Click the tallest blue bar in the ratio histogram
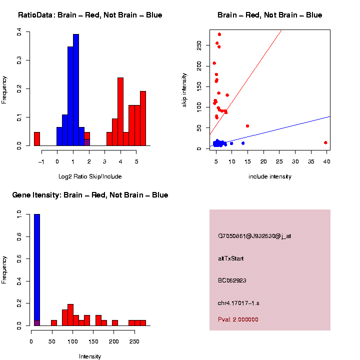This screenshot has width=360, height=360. (76, 90)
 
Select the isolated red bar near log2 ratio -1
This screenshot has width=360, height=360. (36, 139)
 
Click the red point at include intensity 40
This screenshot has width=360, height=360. (325, 142)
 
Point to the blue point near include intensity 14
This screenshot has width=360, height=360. (243, 143)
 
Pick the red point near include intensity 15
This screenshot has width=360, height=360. (247, 126)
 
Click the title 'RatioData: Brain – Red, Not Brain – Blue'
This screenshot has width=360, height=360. (90, 15)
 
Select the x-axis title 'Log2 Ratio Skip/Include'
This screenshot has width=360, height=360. (90, 176)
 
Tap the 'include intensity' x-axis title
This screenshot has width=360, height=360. (270, 176)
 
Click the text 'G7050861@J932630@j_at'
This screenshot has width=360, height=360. (254, 236)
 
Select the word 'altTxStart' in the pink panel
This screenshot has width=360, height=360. (231, 258)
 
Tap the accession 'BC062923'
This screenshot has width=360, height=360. (232, 280)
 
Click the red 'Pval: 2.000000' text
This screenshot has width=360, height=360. (238, 319)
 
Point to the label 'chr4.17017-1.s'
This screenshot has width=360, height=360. (238, 303)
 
